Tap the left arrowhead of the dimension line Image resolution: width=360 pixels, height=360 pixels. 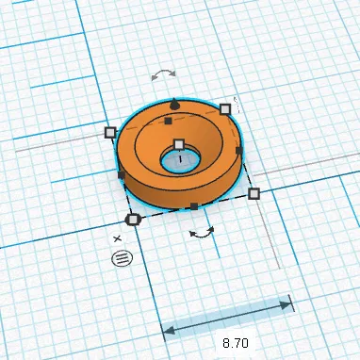pyautogui.click(x=167, y=330)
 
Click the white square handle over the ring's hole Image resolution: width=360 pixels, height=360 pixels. pyautogui.click(x=178, y=144)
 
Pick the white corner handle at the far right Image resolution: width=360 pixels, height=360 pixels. pyautogui.click(x=254, y=194)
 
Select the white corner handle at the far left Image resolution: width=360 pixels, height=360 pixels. pyautogui.click(x=109, y=133)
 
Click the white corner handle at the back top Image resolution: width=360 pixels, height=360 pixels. pyautogui.click(x=225, y=109)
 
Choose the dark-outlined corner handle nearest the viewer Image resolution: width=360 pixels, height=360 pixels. pyautogui.click(x=133, y=220)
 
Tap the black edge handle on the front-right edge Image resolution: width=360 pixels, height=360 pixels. pyautogui.click(x=193, y=206)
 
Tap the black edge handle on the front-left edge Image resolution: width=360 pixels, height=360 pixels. pyautogui.click(x=121, y=175)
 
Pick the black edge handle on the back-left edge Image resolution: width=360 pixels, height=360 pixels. pyautogui.click(x=168, y=122)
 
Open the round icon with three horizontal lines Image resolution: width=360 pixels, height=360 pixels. pyautogui.click(x=120, y=258)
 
